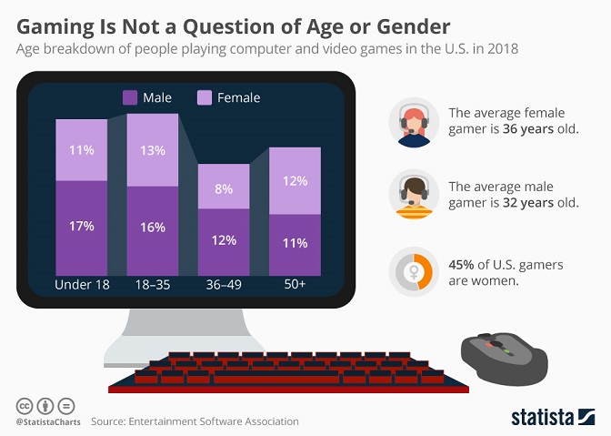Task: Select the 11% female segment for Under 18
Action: [x=81, y=150]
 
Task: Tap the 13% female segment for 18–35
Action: [x=152, y=150]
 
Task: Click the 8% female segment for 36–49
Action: [x=224, y=188]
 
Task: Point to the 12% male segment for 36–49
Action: [x=224, y=241]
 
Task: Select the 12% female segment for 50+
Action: [x=295, y=181]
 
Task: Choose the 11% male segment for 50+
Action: [x=295, y=244]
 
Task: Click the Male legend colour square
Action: [x=129, y=97]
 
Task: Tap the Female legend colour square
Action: [x=205, y=97]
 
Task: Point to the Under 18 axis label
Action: [x=81, y=285]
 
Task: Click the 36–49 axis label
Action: [x=224, y=285]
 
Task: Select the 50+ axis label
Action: [x=295, y=285]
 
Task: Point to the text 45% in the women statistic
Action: [x=465, y=264]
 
